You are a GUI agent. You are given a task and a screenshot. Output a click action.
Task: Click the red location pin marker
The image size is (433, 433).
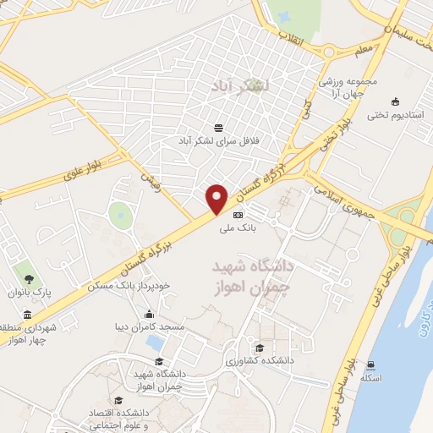point(217,197)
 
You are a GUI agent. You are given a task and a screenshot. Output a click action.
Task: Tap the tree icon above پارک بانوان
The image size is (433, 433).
point(30,278)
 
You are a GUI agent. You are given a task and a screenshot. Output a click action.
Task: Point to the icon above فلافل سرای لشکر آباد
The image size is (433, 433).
point(219,128)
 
